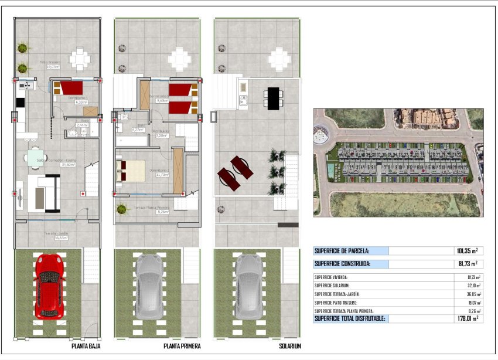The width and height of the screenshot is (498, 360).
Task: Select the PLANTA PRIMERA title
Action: click(182, 347)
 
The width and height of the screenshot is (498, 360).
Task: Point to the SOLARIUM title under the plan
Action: click(290, 347)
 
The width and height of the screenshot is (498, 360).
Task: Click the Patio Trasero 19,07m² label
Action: click(49, 63)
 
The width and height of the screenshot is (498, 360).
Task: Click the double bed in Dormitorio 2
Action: click(131, 171)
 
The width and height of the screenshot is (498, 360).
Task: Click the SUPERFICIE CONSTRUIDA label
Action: click(342, 264)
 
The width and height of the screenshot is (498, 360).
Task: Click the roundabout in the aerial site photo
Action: click(321, 135)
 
